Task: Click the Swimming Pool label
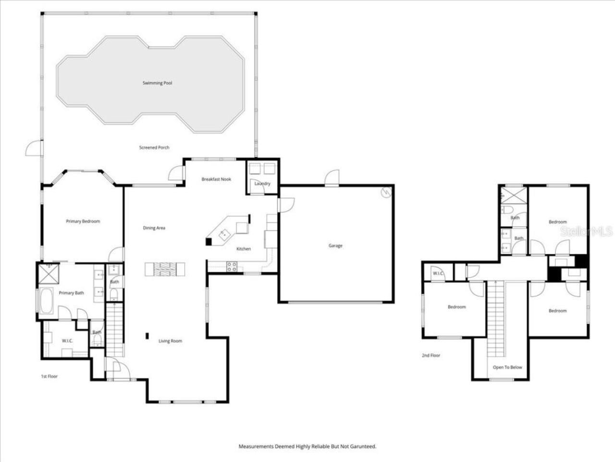pyautogui.click(x=157, y=83)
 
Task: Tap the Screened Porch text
pyautogui.click(x=154, y=148)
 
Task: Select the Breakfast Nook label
pyautogui.click(x=216, y=179)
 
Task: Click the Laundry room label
pyautogui.click(x=262, y=183)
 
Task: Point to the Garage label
pyautogui.click(x=335, y=246)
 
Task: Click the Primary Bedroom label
pyautogui.click(x=83, y=221)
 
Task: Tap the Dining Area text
pyautogui.click(x=154, y=228)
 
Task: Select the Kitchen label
pyautogui.click(x=244, y=249)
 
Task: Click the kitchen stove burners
pyautogui.click(x=232, y=266)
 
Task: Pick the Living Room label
pyautogui.click(x=171, y=341)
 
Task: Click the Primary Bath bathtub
pyautogui.click(x=47, y=301)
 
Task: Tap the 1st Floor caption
pyautogui.click(x=49, y=376)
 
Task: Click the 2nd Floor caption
pyautogui.click(x=431, y=356)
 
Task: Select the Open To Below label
pyautogui.click(x=507, y=368)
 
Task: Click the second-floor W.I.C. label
pyautogui.click(x=438, y=274)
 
